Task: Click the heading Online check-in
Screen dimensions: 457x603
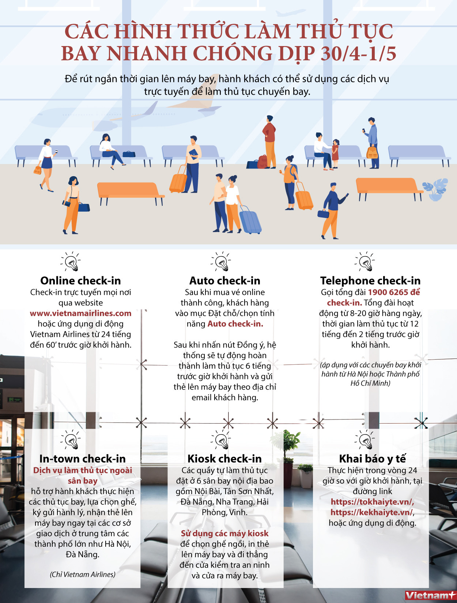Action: (x=80, y=281)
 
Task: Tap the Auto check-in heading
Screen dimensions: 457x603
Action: (x=225, y=281)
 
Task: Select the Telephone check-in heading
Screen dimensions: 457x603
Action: (x=370, y=281)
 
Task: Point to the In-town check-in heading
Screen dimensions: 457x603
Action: (x=82, y=459)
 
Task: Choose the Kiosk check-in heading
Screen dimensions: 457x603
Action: (x=224, y=459)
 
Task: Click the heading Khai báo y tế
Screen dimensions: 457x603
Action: (x=372, y=459)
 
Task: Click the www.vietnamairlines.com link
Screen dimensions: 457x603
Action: (x=80, y=313)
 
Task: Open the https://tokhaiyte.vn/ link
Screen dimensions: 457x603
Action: (x=372, y=502)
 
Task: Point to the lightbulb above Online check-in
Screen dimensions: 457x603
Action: (x=71, y=261)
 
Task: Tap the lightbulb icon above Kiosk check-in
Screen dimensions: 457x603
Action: (x=221, y=439)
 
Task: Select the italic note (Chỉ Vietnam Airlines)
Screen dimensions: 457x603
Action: (x=82, y=574)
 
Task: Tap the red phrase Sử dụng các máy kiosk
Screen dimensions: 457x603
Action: (x=224, y=534)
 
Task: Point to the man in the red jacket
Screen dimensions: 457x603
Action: (x=269, y=141)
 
